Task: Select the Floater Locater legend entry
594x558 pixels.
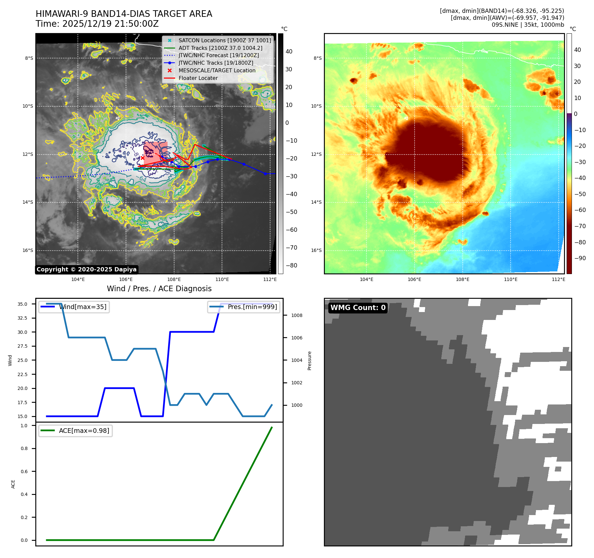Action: [x=198, y=78]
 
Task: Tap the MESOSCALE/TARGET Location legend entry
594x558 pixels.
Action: [x=217, y=71]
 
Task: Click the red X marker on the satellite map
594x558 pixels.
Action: [x=142, y=158]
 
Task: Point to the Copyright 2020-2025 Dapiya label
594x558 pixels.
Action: [x=86, y=269]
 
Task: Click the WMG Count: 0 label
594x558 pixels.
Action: [x=358, y=308]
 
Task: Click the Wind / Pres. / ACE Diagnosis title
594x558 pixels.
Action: [x=159, y=289]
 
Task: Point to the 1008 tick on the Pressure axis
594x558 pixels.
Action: [x=297, y=315]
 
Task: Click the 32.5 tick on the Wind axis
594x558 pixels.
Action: [x=22, y=318]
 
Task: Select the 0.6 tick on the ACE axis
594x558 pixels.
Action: [x=24, y=471]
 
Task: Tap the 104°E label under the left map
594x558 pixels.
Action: [x=78, y=279]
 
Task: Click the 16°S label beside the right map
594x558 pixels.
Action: [x=316, y=250]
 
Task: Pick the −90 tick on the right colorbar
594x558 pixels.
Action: [x=579, y=258]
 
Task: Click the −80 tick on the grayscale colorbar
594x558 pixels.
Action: [x=291, y=265]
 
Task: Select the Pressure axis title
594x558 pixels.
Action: [x=309, y=361]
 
